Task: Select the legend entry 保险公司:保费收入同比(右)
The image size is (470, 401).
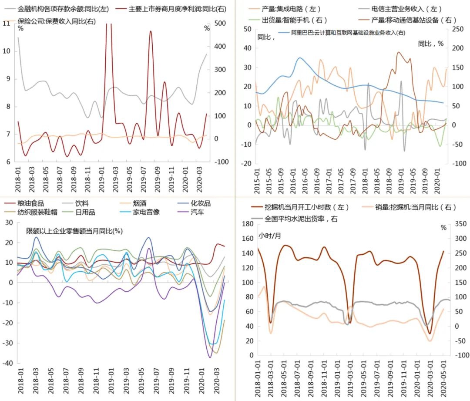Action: tap(57, 21)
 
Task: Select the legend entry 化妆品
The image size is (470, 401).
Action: tap(201, 203)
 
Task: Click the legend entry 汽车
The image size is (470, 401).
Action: tap(196, 212)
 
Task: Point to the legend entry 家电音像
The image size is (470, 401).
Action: tap(141, 212)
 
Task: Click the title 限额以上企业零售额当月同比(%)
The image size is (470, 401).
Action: tap(74, 231)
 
